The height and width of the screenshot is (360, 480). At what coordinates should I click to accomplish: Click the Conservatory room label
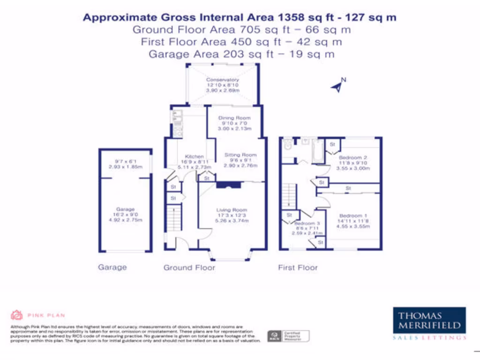coord(223,80)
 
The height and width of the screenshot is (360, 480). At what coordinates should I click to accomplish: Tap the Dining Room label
coord(234,118)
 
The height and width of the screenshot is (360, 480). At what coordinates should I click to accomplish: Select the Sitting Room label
coord(240,155)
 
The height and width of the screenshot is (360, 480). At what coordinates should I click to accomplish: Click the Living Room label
coord(232,210)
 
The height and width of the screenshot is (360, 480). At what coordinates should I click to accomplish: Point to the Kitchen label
coord(194,157)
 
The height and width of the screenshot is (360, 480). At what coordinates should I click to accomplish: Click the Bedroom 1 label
coord(351,216)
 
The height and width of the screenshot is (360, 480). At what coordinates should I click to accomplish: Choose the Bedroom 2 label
coord(353,157)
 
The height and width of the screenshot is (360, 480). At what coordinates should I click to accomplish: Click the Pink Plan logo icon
coord(17,315)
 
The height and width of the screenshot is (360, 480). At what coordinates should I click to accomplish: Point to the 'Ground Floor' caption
coord(189,268)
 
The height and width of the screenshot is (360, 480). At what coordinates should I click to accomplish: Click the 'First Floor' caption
coord(298,268)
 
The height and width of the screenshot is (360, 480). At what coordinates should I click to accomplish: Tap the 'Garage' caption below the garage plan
coord(112,267)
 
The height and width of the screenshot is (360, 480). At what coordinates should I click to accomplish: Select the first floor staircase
coord(291,196)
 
